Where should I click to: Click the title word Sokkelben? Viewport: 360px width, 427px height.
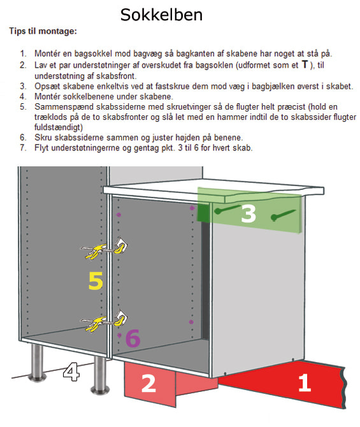[161, 15]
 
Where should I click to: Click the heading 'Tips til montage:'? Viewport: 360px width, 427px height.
[43, 31]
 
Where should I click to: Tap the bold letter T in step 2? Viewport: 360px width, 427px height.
[305, 64]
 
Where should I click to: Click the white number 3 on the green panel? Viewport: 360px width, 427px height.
[248, 213]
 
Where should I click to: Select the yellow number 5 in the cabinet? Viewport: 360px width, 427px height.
[96, 280]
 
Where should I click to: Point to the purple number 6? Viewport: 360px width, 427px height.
[133, 338]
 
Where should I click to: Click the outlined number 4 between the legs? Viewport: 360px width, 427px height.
[71, 372]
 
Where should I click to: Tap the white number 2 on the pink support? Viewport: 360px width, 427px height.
[148, 383]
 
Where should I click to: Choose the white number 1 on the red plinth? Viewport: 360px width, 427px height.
[305, 382]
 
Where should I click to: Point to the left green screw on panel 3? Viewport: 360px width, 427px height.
[227, 209]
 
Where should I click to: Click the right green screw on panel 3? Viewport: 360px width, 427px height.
[283, 215]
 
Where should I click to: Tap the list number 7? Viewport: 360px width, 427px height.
[23, 148]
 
